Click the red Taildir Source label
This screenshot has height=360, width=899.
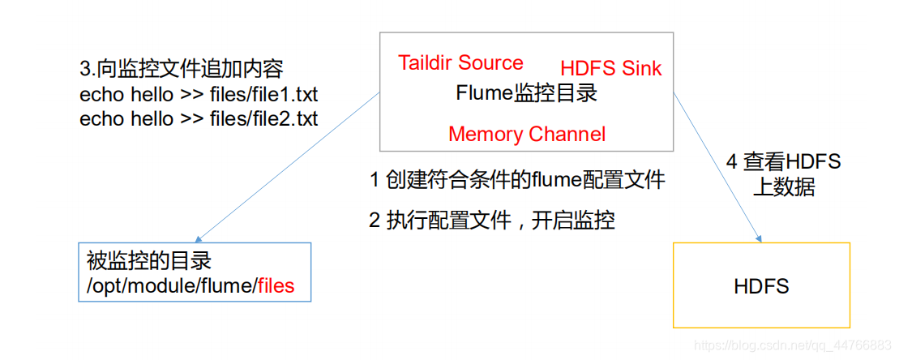[x=460, y=63]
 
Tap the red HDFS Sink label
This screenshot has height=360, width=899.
[x=610, y=69]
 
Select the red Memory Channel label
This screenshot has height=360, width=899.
[x=527, y=134]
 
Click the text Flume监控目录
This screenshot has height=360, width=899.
[x=526, y=93]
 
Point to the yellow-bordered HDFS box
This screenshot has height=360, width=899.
[x=761, y=286]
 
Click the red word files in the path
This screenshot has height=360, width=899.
[x=276, y=285]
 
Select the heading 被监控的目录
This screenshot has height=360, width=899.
[x=148, y=261]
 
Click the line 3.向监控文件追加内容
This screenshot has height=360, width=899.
[x=182, y=68]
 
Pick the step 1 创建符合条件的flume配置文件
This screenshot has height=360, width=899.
[x=517, y=180]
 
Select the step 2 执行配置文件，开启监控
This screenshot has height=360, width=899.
[x=491, y=220]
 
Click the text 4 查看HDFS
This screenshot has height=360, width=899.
[x=782, y=162]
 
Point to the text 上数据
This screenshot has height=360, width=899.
[x=782, y=187]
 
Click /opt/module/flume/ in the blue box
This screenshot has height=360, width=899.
[x=172, y=285]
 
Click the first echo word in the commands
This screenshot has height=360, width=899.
[x=101, y=94]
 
